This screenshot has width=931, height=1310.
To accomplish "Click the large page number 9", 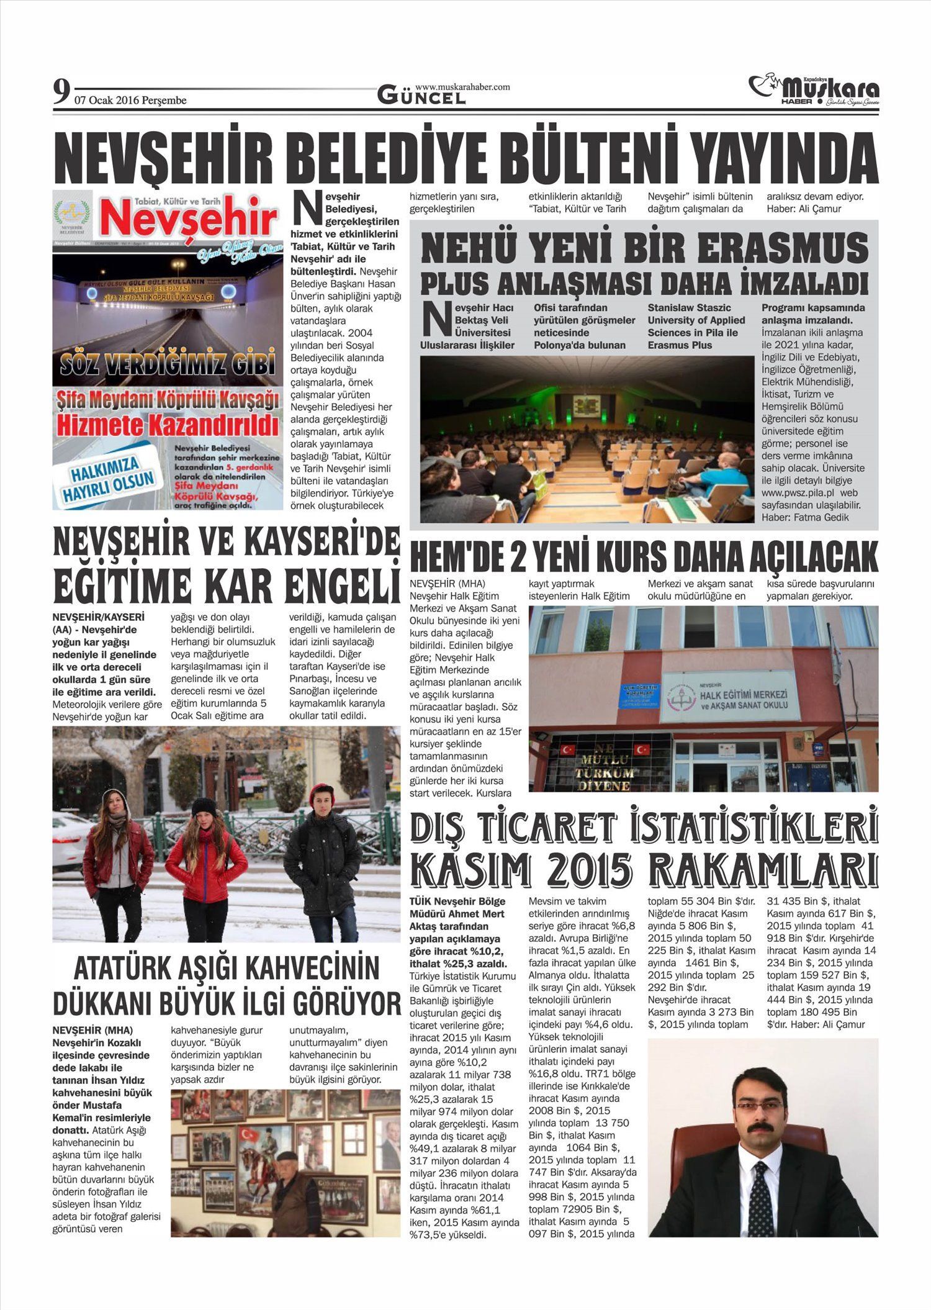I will coord(60,93).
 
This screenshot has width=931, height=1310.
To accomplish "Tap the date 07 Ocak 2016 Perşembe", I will coord(130,101).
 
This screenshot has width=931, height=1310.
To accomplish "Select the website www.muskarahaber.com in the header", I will coord(462,87).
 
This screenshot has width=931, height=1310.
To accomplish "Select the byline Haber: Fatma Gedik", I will coord(805,517).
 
